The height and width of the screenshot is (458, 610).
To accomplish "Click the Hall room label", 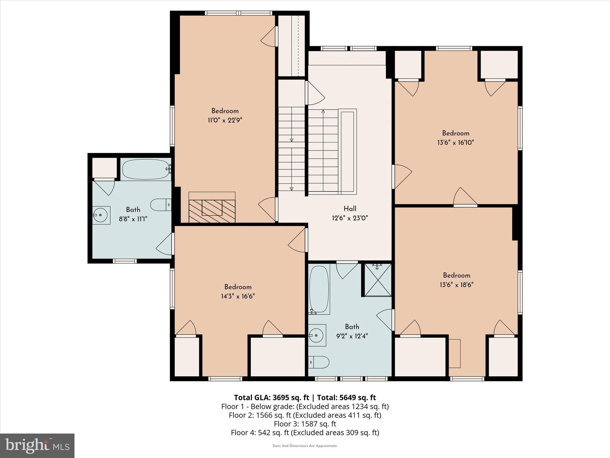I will point(350,209).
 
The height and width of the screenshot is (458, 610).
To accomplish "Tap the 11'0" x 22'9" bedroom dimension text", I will point(225,120).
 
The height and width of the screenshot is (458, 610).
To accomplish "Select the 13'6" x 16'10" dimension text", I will point(455,143).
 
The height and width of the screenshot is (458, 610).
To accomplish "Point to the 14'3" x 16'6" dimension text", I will point(238,296).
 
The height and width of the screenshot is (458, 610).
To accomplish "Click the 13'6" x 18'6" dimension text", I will point(456,285).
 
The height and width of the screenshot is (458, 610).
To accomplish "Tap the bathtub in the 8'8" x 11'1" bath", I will point(146,169).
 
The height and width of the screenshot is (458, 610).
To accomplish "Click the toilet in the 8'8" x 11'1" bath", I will point(160,205).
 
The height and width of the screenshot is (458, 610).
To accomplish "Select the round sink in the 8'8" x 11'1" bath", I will point(101,215).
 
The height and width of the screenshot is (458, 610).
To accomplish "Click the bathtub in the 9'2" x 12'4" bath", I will point(319,289).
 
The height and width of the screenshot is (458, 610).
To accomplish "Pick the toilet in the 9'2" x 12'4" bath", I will point(319,362).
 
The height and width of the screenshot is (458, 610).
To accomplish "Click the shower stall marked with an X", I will point(378,280).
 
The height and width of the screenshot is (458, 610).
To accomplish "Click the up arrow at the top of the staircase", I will point(323,112).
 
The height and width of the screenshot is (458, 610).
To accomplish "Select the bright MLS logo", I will point(37,445).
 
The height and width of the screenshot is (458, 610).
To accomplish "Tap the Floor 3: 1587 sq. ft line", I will point(305,424).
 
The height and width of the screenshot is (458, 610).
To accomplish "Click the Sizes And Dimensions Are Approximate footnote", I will point(305,446).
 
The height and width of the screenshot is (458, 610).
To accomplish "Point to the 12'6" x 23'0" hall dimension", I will point(350,218).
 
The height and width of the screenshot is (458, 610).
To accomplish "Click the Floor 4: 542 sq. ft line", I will point(305,433).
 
